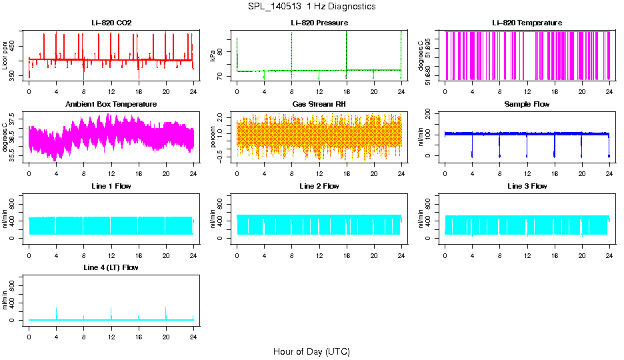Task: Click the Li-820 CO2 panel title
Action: click(x=111, y=23)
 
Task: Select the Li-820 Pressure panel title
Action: click(x=319, y=23)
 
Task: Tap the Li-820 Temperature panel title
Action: click(x=527, y=23)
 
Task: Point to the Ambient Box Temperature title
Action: click(x=111, y=105)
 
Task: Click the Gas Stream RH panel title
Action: click(x=319, y=105)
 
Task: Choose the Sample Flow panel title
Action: click(x=527, y=105)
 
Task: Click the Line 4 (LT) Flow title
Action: click(x=111, y=267)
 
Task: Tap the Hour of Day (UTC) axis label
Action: click(x=311, y=351)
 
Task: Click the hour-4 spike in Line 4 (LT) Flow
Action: click(x=56, y=312)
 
